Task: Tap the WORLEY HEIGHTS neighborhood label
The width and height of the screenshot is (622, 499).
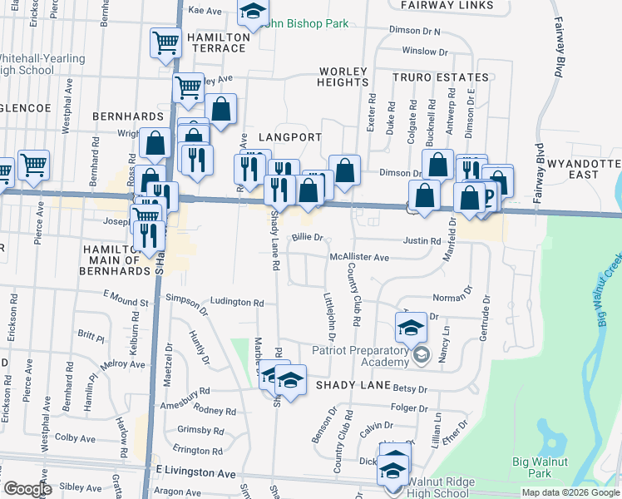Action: (342, 77)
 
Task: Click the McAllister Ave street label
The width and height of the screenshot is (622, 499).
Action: (359, 258)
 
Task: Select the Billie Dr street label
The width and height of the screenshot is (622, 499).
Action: (306, 238)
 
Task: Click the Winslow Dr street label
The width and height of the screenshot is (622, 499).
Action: (425, 52)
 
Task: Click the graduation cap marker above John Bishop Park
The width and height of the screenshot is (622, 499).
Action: (253, 11)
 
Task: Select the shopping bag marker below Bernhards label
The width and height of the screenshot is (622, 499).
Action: (155, 143)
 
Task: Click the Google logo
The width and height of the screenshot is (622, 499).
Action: (27, 489)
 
